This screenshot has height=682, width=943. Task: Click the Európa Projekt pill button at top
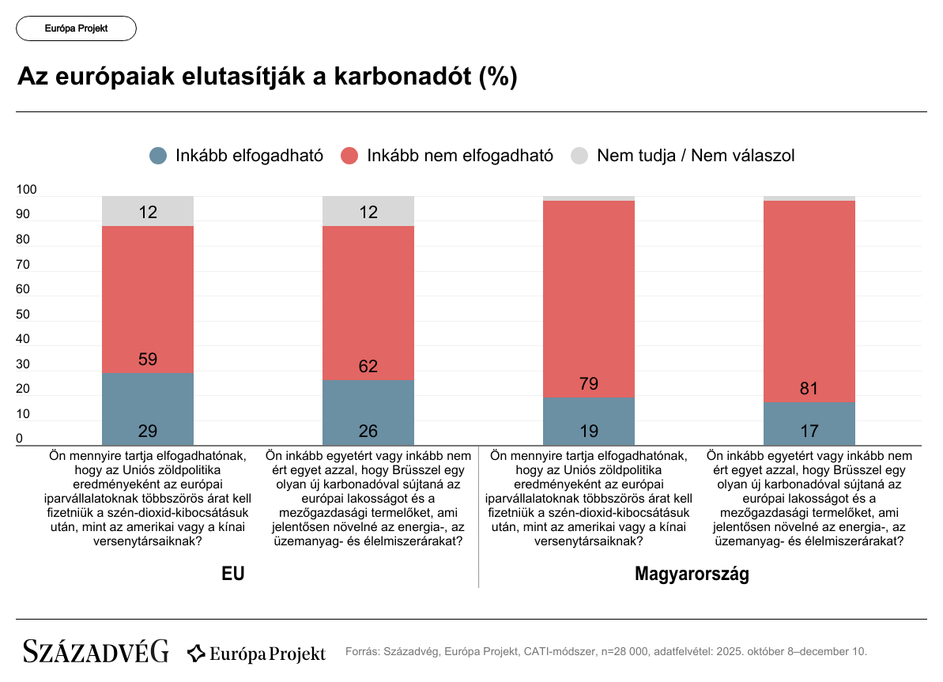[x=76, y=28]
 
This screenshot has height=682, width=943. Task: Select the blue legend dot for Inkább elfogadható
[x=158, y=156]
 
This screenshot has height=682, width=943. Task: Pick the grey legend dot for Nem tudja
[x=579, y=156]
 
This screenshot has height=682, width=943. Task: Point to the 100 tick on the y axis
[x=27, y=190]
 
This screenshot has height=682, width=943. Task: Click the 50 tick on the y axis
[x=24, y=315]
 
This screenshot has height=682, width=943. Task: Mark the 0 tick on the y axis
[x=21, y=439]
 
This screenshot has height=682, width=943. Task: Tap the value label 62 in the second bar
[x=368, y=367]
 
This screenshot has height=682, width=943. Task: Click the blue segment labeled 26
[x=368, y=413]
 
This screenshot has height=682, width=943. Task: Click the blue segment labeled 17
[x=809, y=424]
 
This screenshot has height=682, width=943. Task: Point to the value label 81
[x=809, y=389]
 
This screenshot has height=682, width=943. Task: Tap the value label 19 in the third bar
[x=589, y=431]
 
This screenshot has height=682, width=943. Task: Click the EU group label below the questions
[x=233, y=574]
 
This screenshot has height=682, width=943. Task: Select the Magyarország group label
[x=692, y=574]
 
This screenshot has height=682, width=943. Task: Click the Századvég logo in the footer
[x=96, y=652]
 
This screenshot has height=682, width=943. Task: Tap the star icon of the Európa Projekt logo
[x=196, y=654]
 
